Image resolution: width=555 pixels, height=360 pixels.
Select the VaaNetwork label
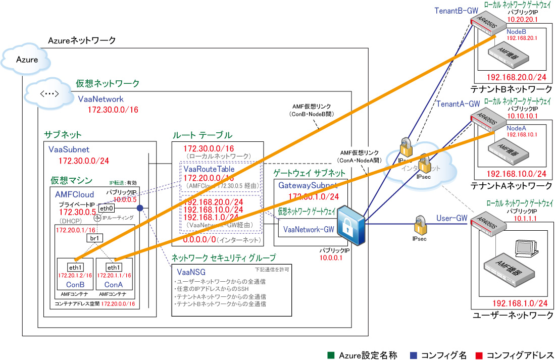coord(100,99)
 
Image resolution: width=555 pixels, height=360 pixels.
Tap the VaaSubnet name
coord(69,149)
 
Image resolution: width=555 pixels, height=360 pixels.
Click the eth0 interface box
coord(106,208)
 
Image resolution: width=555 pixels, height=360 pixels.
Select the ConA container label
coord(114,285)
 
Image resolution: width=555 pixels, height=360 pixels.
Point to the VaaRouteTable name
coord(206,169)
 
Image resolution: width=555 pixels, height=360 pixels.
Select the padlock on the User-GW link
coord(420,223)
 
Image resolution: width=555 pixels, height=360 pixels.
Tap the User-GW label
coord(450,219)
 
